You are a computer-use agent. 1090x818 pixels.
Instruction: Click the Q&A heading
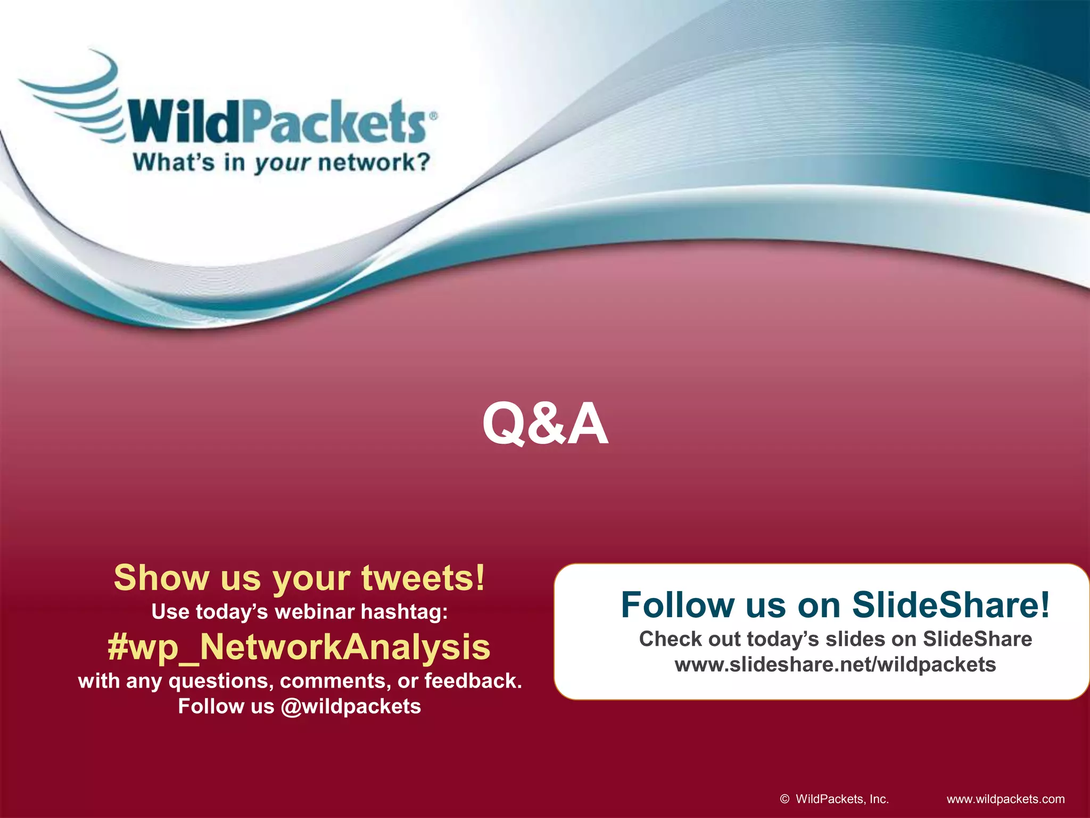tap(545, 424)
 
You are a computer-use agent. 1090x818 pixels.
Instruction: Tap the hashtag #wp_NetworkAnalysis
tap(299, 647)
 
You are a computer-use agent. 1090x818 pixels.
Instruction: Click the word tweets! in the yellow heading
tap(423, 578)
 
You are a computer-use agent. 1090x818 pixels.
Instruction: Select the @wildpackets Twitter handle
tap(351, 706)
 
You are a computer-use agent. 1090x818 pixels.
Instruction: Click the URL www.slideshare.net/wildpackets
tap(835, 665)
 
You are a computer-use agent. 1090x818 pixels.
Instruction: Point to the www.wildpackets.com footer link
tap(1005, 799)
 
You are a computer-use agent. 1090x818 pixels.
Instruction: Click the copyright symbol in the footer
tap(785, 799)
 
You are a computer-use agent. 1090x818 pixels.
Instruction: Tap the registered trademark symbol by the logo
tap(433, 115)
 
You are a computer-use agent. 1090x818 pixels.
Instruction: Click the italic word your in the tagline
tap(282, 163)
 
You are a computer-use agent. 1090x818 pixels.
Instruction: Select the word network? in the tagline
tap(374, 162)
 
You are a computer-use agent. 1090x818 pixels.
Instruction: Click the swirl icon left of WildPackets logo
tap(75, 99)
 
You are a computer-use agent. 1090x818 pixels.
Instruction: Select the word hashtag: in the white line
tap(404, 612)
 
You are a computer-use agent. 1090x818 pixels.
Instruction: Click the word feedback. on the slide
tap(473, 681)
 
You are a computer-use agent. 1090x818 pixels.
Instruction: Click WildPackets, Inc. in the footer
tap(842, 799)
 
